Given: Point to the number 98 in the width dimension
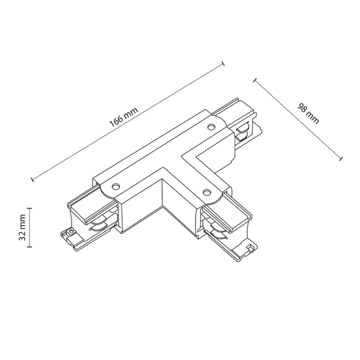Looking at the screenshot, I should (305, 107).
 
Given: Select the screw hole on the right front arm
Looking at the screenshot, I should (206, 193).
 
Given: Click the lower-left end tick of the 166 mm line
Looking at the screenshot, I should (31, 178).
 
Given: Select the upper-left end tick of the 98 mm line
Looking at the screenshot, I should (254, 79).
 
